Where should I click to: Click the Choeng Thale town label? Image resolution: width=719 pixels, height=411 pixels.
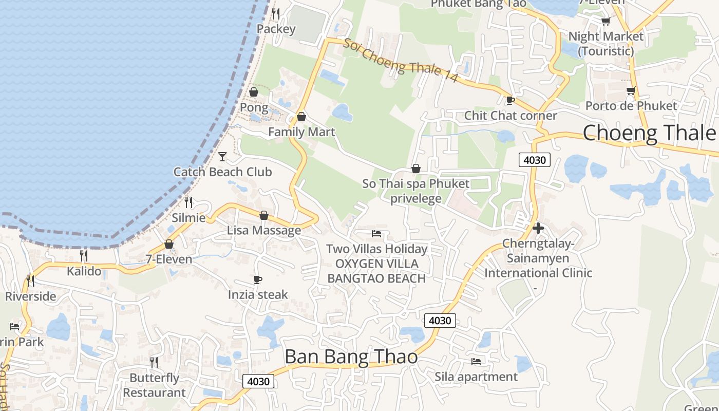click(x=649, y=133)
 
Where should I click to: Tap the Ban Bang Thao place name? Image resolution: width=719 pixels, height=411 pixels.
click(x=351, y=357)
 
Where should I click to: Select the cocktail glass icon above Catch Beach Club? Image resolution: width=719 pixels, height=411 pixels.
click(x=222, y=156)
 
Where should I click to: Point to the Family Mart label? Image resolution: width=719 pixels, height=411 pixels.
click(x=301, y=132)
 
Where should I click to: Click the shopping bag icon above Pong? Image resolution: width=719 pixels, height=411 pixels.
click(x=254, y=92)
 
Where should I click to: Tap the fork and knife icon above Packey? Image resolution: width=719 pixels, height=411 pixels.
click(x=276, y=13)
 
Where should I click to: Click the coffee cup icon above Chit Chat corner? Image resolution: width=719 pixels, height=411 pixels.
click(x=510, y=100)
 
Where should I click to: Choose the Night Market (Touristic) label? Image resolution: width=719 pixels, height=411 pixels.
click(x=606, y=44)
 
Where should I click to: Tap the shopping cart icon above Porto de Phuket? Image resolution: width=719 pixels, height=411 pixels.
click(x=631, y=90)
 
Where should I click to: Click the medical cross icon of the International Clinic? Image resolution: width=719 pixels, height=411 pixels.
click(x=538, y=228)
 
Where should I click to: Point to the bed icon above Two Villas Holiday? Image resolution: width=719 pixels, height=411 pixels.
click(x=376, y=234)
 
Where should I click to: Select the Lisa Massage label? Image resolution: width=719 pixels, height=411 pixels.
click(x=264, y=230)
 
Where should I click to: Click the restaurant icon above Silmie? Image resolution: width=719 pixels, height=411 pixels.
click(x=188, y=202)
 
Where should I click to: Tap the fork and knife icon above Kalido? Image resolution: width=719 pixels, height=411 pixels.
click(x=84, y=255)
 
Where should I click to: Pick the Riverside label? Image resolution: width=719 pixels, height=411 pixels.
click(x=31, y=296)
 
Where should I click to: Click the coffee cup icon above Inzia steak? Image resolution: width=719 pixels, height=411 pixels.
click(x=258, y=279)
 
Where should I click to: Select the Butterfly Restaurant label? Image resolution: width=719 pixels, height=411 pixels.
click(x=154, y=385)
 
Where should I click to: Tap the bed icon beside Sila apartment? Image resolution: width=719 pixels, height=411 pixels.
click(x=476, y=362)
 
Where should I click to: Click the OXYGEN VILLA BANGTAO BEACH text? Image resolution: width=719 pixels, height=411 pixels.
click(x=376, y=271)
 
